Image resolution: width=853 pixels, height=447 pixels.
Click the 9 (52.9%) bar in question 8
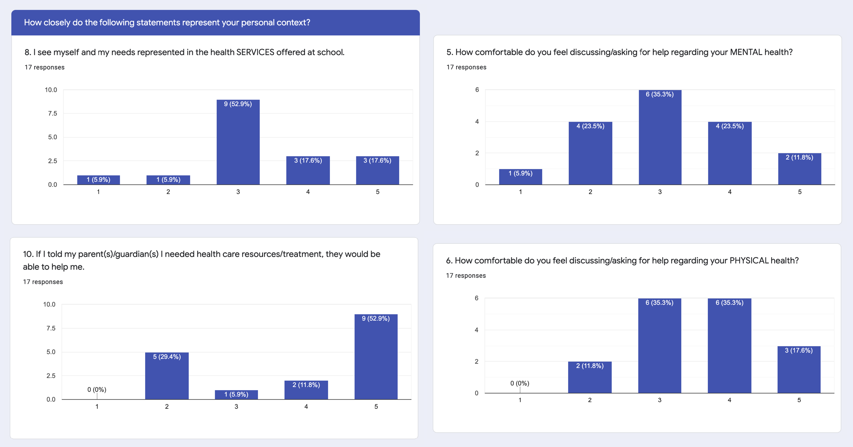[x=238, y=142]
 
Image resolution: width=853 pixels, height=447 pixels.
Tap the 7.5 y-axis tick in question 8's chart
[x=52, y=113]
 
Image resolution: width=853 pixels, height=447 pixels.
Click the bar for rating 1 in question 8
[x=98, y=180]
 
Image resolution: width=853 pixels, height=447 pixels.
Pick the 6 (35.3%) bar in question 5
[x=660, y=137]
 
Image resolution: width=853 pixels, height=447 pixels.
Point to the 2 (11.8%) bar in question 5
[x=799, y=169]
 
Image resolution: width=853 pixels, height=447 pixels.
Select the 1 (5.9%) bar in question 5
[x=520, y=176]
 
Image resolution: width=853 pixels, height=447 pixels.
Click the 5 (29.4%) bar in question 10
[x=167, y=376]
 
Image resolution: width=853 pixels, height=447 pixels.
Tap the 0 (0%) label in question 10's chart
[x=97, y=389]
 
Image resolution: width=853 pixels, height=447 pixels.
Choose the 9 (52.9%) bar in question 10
[x=376, y=356]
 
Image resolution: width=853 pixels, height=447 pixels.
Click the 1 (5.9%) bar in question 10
[x=236, y=394]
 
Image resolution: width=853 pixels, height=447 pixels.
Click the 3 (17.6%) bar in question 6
[x=799, y=369]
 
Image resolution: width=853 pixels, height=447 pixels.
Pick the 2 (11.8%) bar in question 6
[x=590, y=377]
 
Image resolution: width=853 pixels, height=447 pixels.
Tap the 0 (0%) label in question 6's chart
[x=520, y=383]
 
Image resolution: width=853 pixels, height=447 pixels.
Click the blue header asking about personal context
[x=215, y=22]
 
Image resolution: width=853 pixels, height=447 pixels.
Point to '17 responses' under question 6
[x=465, y=276]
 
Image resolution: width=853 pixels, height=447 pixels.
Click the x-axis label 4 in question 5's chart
[x=729, y=192]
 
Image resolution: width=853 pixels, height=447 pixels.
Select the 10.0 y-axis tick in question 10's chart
[x=49, y=304]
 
